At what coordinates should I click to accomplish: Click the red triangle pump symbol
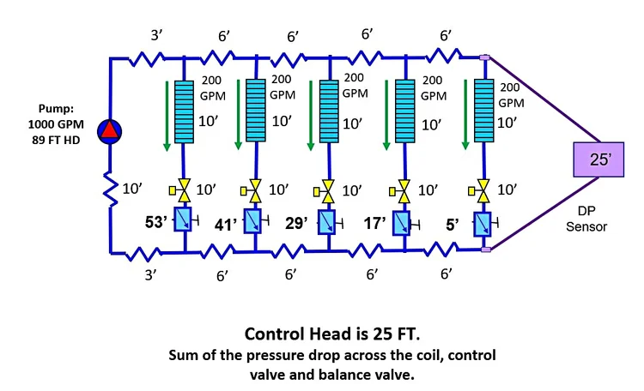click(x=111, y=130)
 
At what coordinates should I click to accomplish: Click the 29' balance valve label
click(x=297, y=220)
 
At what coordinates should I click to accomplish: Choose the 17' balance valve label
click(x=370, y=220)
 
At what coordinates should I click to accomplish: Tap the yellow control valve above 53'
click(x=184, y=188)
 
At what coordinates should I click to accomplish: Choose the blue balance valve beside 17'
click(x=402, y=221)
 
